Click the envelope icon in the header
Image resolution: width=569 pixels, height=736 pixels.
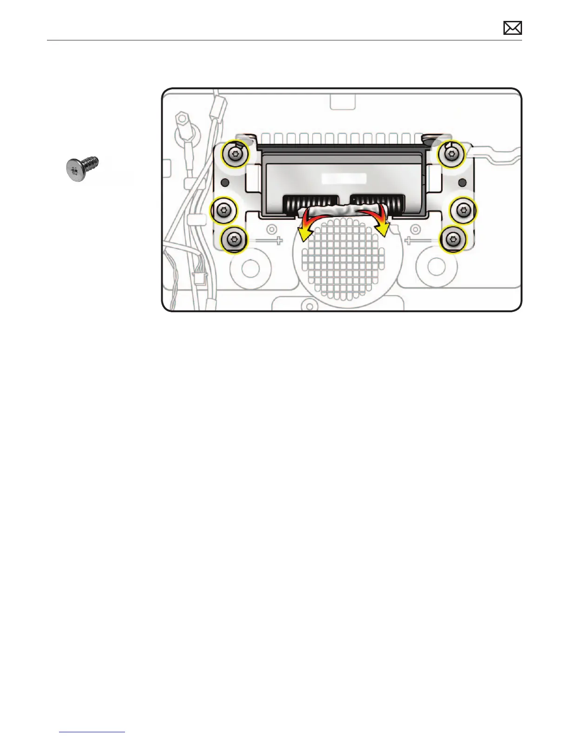512,28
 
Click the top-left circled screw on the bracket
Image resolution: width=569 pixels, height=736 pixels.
235,153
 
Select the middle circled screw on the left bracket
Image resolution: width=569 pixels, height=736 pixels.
225,210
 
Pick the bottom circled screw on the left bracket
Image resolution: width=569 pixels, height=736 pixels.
234,240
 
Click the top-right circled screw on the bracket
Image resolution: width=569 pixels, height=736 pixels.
450,153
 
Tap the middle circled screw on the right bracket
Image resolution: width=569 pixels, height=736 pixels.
463,210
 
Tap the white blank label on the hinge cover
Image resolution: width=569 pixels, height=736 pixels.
344,178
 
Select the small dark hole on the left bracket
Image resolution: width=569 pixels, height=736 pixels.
224,182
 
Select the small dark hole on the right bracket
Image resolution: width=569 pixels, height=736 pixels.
462,182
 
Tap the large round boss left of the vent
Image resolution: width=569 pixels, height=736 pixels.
250,267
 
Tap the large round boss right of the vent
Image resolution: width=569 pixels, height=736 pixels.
436,266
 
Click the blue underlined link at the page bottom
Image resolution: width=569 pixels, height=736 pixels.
93,732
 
